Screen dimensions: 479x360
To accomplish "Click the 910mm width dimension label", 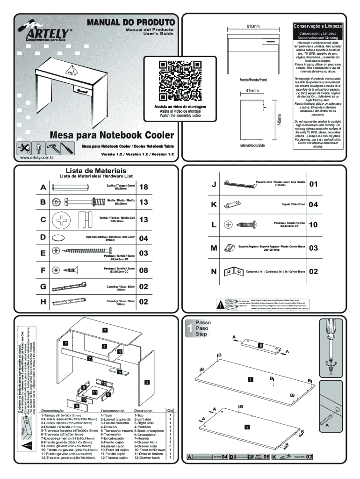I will [x=253, y=27].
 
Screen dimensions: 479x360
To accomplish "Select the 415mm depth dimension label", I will [x=252, y=90].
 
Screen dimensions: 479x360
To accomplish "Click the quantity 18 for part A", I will [x=144, y=188].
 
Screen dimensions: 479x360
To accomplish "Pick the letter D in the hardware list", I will [x=43, y=237].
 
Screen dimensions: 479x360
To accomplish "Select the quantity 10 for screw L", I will [x=313, y=225].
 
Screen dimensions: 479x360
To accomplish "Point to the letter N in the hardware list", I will [x=214, y=271].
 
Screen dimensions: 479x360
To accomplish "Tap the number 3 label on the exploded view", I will [x=146, y=382].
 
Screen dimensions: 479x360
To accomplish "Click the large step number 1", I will [x=189, y=328].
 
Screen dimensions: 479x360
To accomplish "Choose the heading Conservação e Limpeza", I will [x=317, y=27].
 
